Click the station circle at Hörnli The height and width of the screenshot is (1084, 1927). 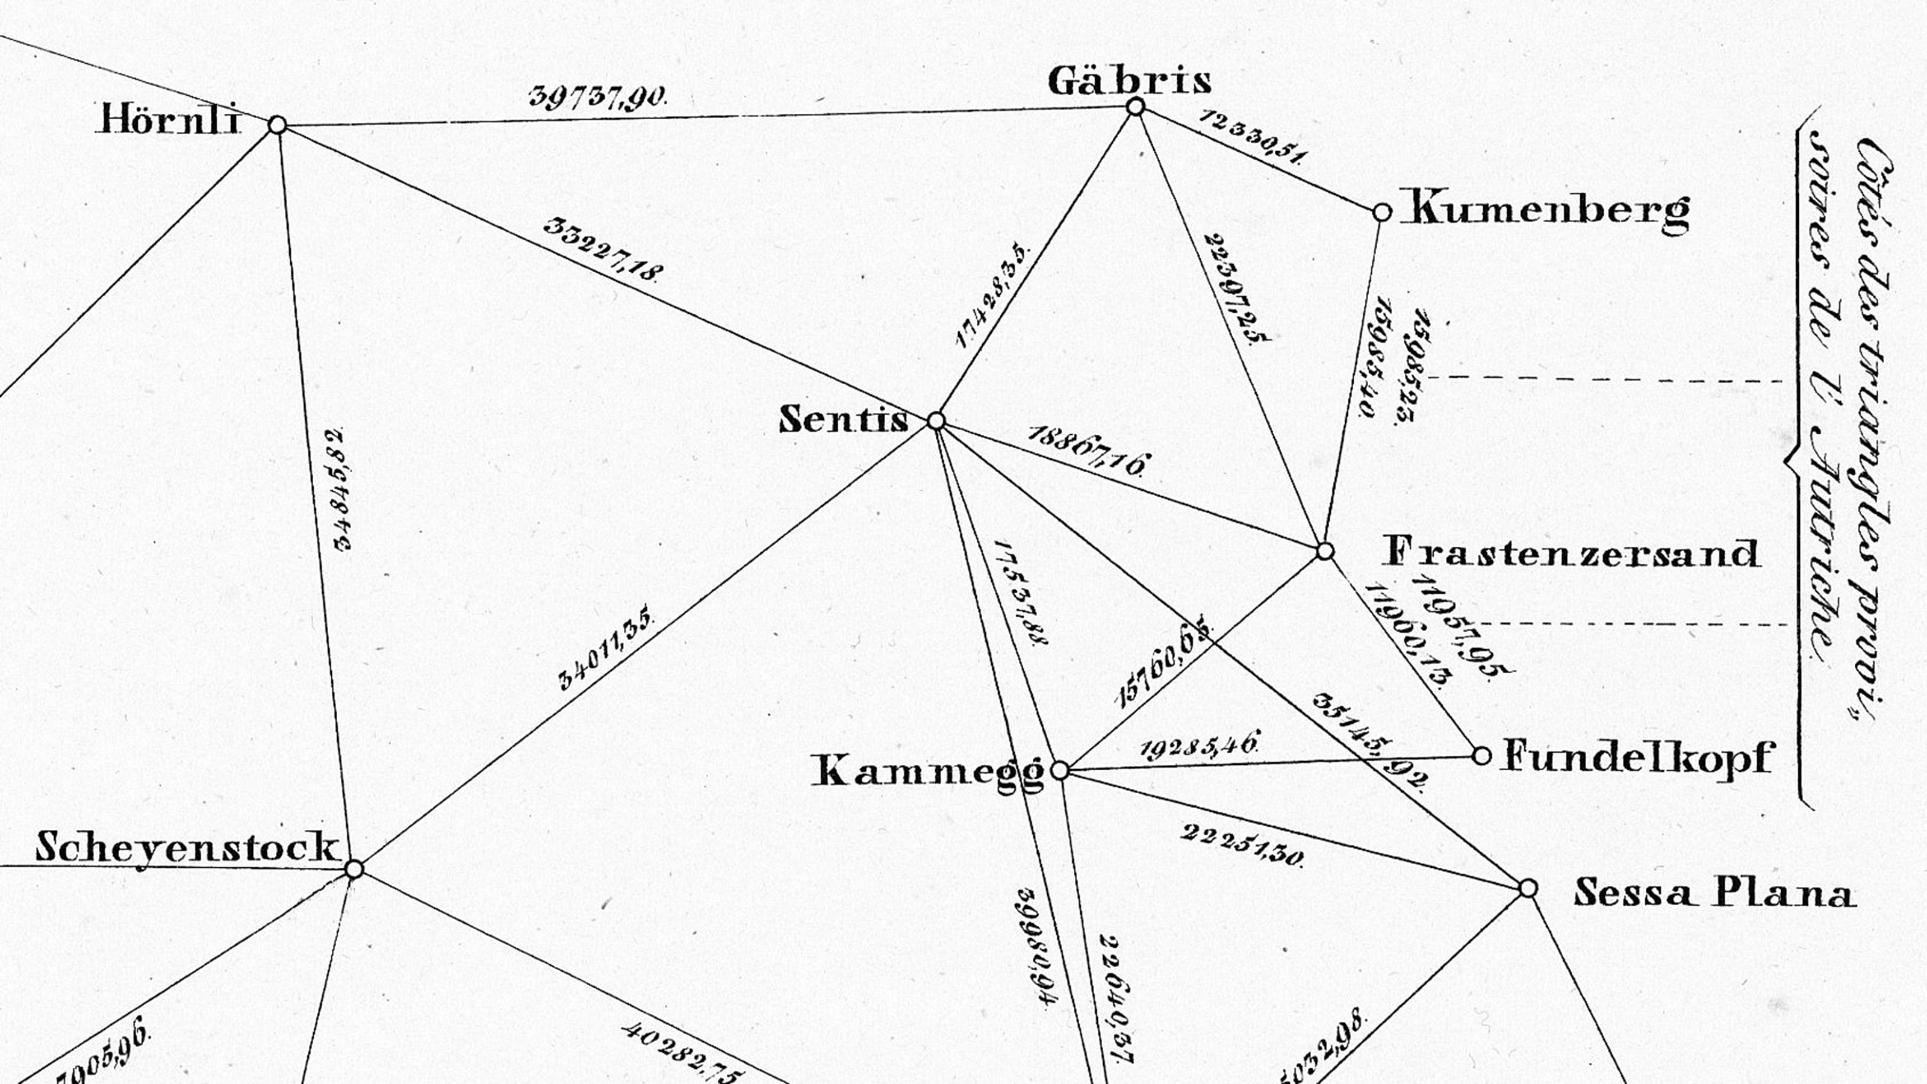pos(278,125)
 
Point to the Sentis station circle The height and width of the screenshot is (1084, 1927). pos(936,421)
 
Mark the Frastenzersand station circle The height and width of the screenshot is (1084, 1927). pos(1325,552)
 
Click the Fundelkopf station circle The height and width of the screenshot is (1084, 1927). pos(1481,756)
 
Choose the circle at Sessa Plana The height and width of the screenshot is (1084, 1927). pos(1528,888)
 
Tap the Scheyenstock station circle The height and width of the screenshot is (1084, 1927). pos(355,869)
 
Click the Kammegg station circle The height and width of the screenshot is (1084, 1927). pos(1060,770)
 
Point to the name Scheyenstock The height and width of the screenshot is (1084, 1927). pos(187,849)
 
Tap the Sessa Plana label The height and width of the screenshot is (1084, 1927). pos(1714,893)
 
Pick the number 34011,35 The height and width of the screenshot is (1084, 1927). pos(606,646)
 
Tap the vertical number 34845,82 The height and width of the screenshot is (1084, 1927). pos(340,490)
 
